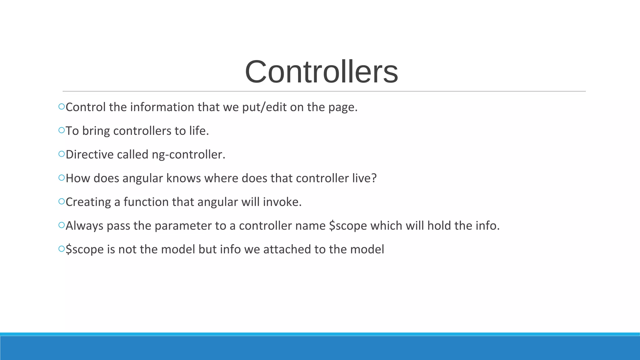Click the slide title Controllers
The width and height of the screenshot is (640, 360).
(x=321, y=72)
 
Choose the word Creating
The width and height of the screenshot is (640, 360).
(x=88, y=202)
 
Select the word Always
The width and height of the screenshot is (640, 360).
(x=84, y=226)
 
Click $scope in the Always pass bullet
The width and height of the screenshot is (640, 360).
(x=348, y=226)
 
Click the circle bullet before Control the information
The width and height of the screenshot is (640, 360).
(x=61, y=107)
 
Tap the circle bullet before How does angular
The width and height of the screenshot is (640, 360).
(x=61, y=178)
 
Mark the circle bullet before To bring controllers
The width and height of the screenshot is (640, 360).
(x=61, y=130)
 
